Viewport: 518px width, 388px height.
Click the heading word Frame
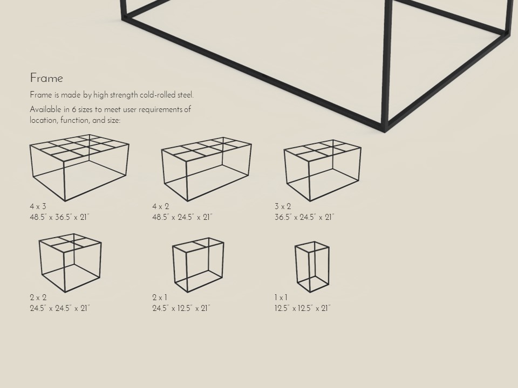[46, 78]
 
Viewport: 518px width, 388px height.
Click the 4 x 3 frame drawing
[79, 167]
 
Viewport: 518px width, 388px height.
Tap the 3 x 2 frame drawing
[322, 170]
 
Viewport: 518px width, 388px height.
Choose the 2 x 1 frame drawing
[198, 265]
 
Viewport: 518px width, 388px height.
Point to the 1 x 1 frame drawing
[312, 266]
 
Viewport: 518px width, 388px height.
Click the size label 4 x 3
[38, 206]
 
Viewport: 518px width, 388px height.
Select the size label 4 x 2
[160, 206]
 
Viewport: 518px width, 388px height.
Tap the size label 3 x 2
[282, 206]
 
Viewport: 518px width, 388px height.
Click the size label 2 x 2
[38, 297]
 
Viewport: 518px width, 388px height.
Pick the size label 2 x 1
[160, 297]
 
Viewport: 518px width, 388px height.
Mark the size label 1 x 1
[281, 297]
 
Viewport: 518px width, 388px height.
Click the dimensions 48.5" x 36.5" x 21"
[59, 217]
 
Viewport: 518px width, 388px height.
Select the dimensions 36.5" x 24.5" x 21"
[304, 217]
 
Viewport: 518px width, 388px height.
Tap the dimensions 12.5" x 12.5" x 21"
[302, 308]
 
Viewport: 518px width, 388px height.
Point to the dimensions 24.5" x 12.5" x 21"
[181, 308]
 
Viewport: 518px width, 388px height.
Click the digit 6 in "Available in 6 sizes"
[74, 109]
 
